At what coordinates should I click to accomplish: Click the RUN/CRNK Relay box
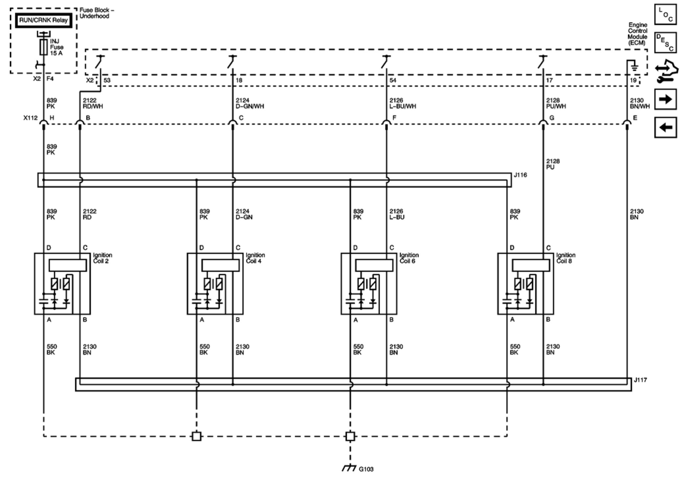point(43,20)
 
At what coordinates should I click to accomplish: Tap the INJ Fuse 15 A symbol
point(43,47)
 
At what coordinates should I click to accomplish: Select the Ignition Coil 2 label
point(102,258)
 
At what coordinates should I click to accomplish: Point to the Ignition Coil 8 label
point(566,258)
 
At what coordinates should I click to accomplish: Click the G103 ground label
point(366,469)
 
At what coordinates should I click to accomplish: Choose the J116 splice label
point(520,175)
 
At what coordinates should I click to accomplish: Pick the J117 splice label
point(640,380)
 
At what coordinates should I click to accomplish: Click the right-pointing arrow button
point(666,99)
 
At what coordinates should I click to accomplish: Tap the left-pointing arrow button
point(666,127)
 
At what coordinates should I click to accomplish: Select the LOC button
point(666,14)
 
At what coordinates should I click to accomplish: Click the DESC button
point(666,43)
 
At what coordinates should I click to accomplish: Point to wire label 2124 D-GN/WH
point(250,103)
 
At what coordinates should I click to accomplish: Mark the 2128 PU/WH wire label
point(556,103)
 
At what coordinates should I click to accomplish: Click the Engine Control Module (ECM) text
point(637,34)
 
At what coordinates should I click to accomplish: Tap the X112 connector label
point(30,118)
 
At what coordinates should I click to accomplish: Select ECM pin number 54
point(393,80)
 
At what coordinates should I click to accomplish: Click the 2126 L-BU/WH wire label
point(402,103)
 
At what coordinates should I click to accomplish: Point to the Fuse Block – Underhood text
point(97,13)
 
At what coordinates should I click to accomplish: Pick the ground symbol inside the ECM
point(634,67)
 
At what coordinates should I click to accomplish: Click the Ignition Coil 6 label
point(409,258)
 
